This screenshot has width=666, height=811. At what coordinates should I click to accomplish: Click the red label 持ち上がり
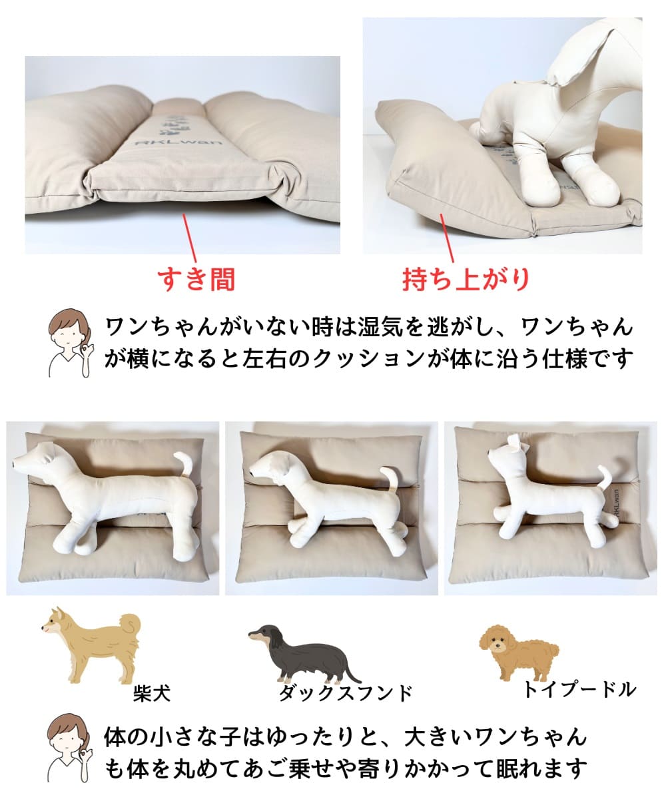(466, 279)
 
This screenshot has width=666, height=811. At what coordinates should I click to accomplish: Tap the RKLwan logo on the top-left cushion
(178, 142)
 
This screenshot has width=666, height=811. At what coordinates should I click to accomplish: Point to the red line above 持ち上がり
(447, 238)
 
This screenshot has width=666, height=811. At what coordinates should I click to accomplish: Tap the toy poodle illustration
(519, 651)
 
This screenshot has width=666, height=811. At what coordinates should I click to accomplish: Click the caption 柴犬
(152, 693)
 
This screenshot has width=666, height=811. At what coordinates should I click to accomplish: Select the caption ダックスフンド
(345, 693)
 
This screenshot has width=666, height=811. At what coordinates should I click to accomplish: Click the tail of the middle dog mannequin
(392, 481)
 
